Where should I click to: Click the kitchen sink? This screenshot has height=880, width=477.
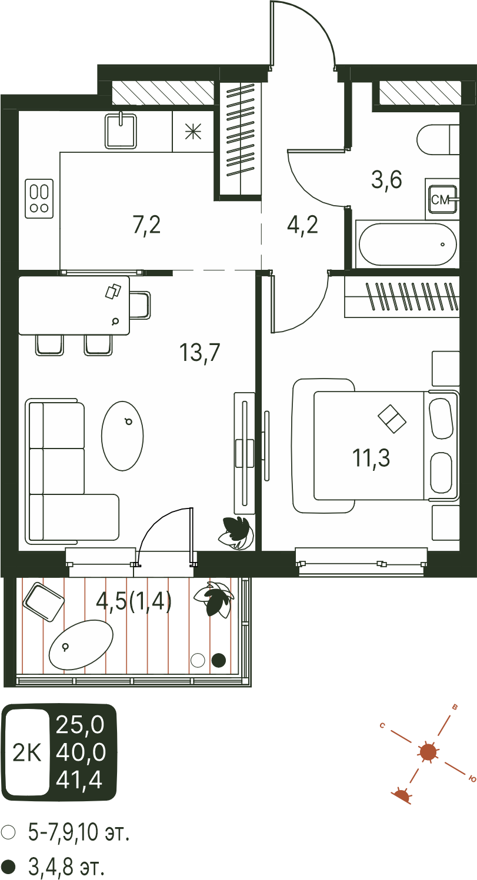[x=121, y=131]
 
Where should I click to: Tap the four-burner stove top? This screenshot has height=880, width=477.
[x=39, y=198]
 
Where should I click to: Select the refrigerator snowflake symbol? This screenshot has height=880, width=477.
[x=193, y=131]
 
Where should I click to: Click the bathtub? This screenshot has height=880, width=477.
[x=408, y=245]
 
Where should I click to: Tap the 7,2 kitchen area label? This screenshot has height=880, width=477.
[x=146, y=226]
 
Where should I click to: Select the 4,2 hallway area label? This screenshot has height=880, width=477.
[x=302, y=226]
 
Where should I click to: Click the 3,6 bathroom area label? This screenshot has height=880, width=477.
[x=386, y=180]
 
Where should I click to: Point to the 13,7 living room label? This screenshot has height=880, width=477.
[x=199, y=352]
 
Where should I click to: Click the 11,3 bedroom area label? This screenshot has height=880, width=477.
[x=371, y=458]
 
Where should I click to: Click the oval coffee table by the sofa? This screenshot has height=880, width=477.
[x=122, y=436]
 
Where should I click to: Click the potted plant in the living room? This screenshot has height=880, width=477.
[x=235, y=533]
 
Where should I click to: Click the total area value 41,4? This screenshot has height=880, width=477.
[x=79, y=780]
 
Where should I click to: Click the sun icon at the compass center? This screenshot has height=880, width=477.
[x=428, y=752]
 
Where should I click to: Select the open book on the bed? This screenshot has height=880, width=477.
[x=392, y=419]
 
